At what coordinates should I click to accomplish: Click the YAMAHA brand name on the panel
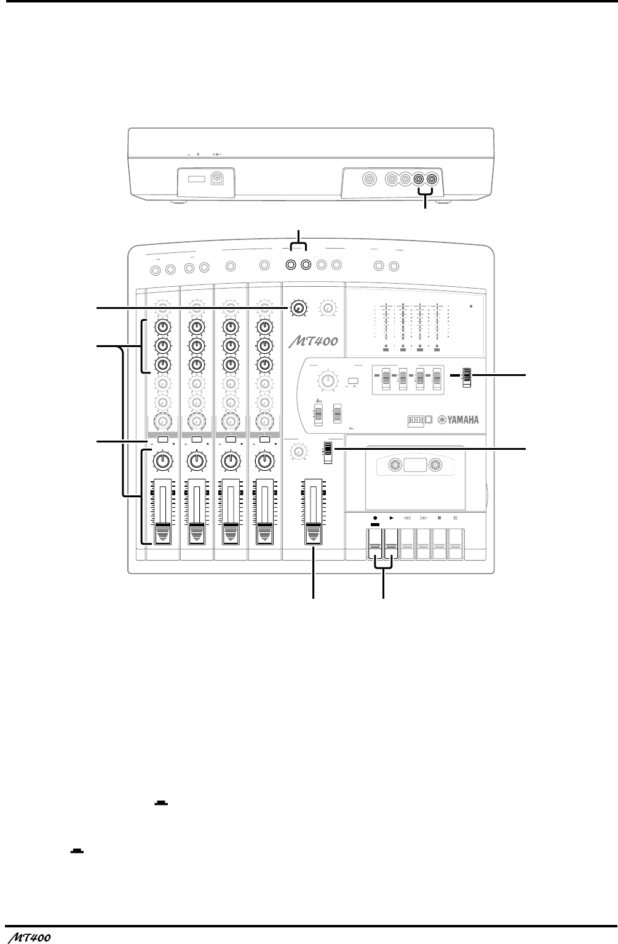[458, 420]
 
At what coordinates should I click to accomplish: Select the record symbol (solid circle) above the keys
[375, 519]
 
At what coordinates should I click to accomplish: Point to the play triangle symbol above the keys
[392, 519]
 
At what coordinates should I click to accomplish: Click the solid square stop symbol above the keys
[440, 519]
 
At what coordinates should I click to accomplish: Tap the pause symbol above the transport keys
[456, 519]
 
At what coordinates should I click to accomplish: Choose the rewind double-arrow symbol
[407, 519]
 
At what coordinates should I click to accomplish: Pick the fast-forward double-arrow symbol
[424, 519]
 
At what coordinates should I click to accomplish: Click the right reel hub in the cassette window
[436, 464]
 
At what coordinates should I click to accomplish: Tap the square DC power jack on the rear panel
[217, 178]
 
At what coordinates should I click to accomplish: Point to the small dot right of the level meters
[471, 309]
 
